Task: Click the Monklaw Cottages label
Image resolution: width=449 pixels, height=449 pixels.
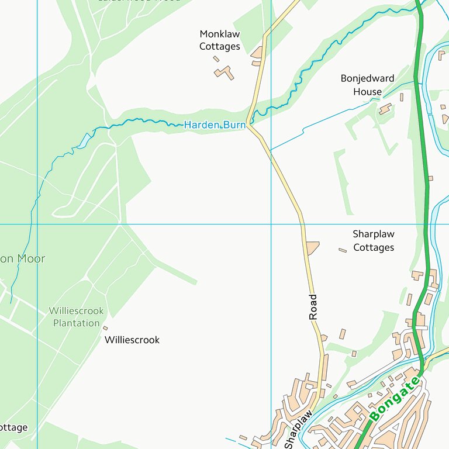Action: [220, 40]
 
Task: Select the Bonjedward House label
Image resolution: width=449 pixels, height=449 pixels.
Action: [367, 85]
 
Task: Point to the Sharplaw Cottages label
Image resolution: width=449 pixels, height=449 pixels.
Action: [374, 241]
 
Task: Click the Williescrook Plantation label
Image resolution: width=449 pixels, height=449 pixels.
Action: [76, 317]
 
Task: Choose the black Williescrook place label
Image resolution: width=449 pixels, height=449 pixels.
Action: [132, 340]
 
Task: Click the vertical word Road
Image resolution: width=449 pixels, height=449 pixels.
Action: [313, 306]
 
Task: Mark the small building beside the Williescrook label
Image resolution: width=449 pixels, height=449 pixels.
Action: [105, 328]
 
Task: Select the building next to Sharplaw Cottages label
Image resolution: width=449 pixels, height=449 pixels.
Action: [343, 250]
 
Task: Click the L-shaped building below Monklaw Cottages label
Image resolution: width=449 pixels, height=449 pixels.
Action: [224, 73]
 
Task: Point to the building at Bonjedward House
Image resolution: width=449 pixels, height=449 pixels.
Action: [385, 109]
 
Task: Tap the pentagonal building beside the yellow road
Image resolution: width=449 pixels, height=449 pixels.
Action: [312, 248]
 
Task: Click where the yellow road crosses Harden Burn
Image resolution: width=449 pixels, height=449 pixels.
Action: [250, 124]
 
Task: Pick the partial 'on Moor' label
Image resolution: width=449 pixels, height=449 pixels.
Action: [22, 258]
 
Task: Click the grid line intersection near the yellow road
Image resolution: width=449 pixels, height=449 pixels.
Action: [271, 224]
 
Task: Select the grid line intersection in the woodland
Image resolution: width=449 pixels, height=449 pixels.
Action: [37, 224]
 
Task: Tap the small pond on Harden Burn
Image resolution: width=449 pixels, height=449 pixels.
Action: [85, 140]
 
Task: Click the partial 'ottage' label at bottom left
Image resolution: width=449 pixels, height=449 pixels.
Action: [13, 427]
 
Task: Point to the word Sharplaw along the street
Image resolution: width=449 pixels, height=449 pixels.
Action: [298, 428]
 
